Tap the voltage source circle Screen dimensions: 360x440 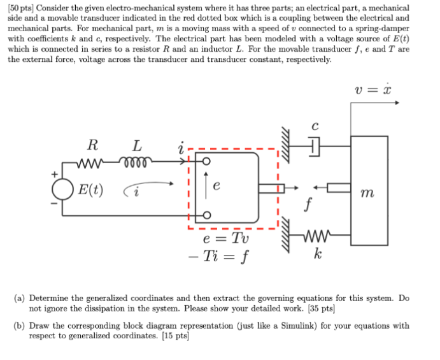[x=62, y=189]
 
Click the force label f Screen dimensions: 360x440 [x=309, y=205]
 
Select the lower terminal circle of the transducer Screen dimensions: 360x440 [x=205, y=215]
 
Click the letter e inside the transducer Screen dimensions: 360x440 [x=217, y=187]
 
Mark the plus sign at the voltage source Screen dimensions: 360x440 [x=55, y=173]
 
